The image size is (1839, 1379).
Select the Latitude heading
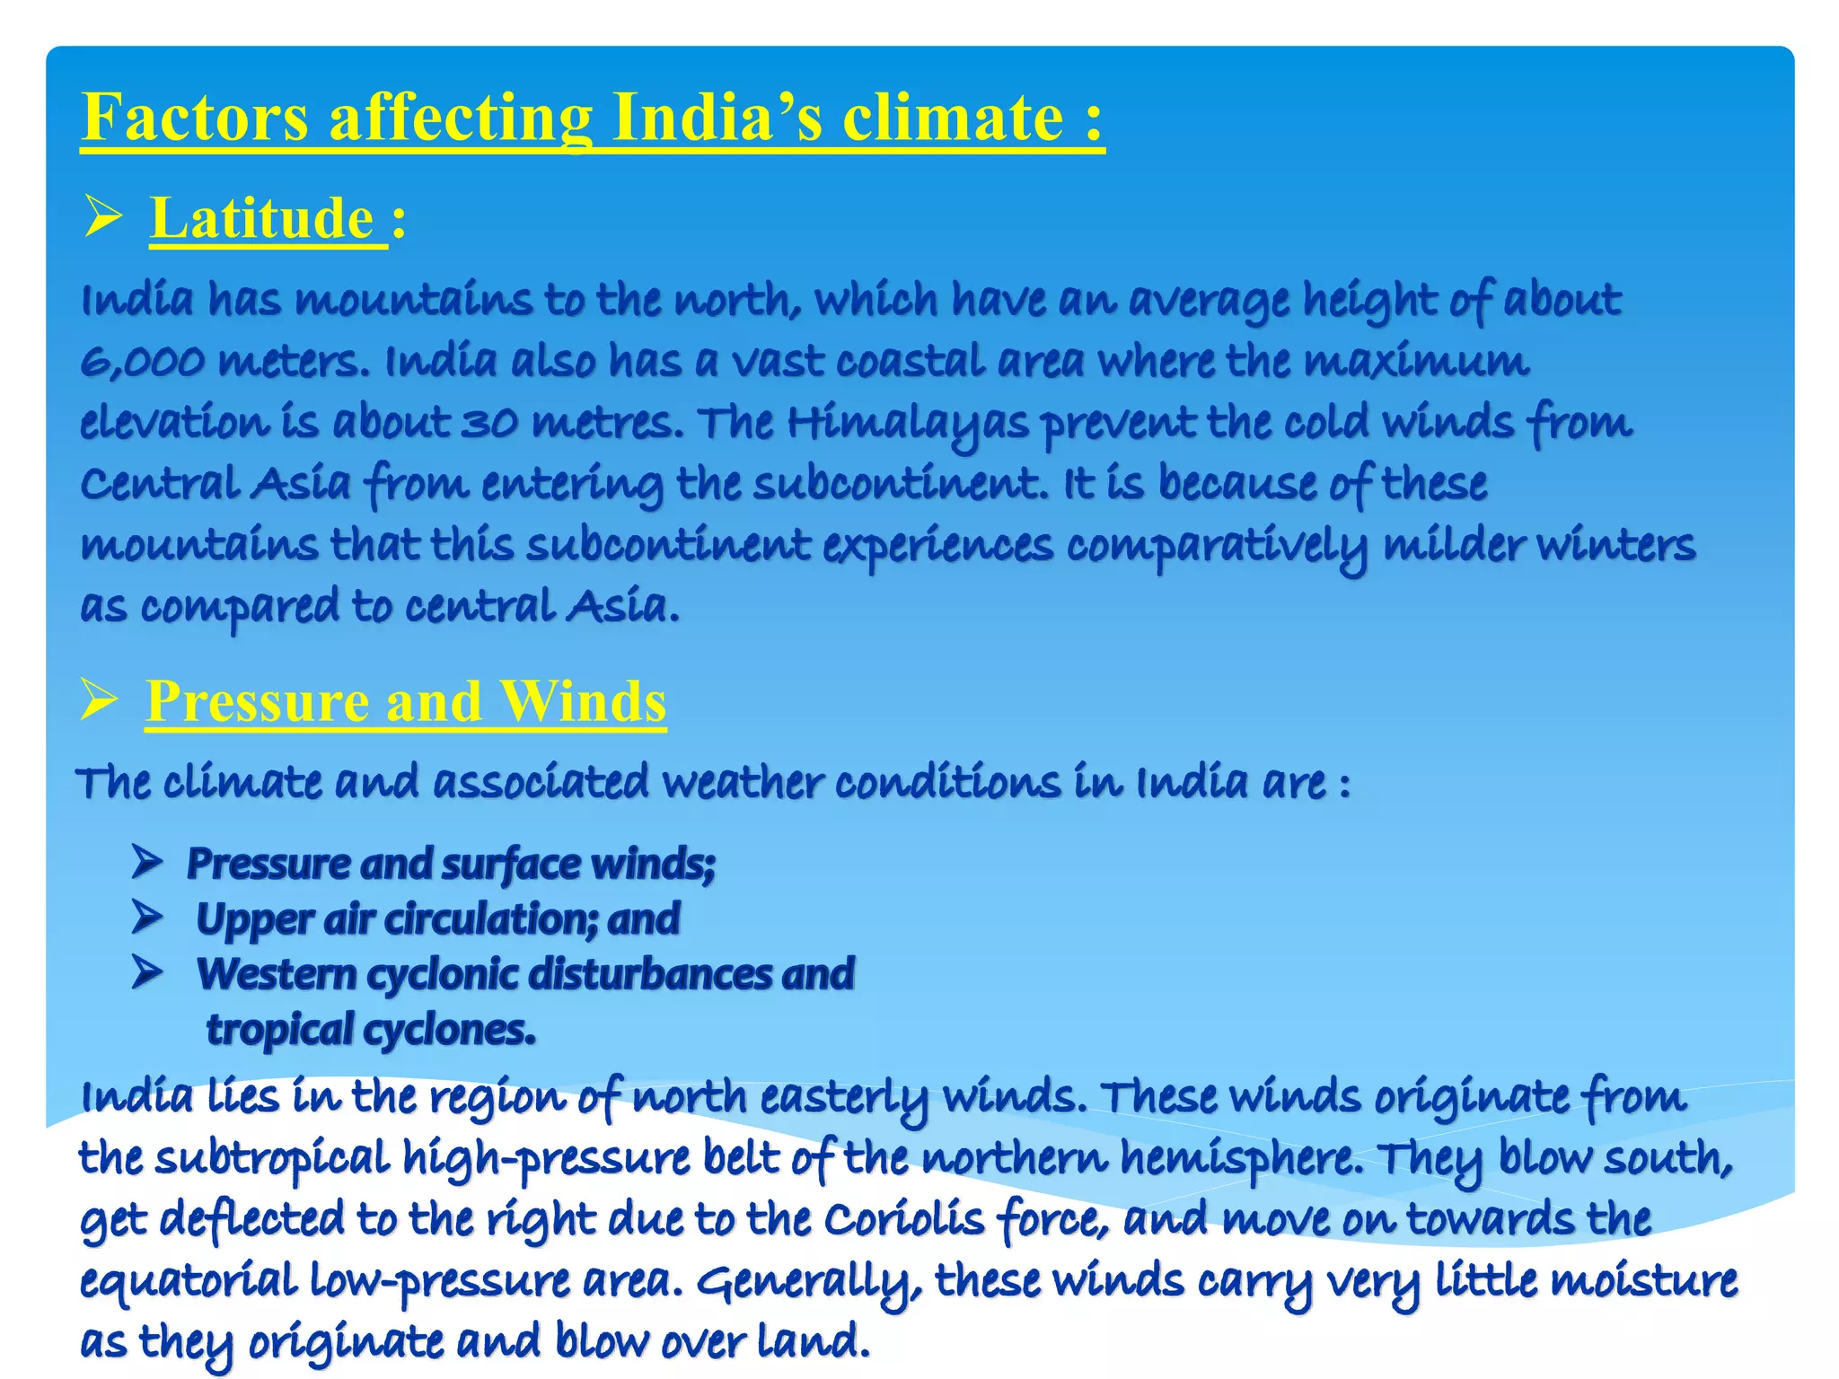click(x=262, y=218)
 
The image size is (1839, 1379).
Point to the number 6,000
click(x=141, y=362)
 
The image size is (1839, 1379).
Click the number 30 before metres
click(x=489, y=423)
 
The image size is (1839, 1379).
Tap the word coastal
click(x=911, y=362)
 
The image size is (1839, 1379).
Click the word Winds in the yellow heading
click(x=583, y=701)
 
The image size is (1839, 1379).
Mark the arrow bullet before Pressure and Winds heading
click(x=99, y=699)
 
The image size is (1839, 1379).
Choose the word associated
click(x=541, y=782)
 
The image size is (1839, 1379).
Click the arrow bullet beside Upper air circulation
click(x=146, y=918)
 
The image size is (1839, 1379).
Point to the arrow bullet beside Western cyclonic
click(x=146, y=972)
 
